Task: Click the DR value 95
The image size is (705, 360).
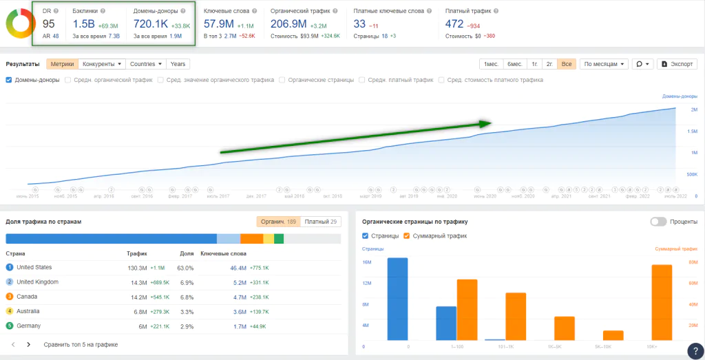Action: [48, 24]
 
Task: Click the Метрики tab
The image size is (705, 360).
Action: [62, 64]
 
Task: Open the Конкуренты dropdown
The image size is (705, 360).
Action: [102, 64]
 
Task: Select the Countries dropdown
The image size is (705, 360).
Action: [146, 64]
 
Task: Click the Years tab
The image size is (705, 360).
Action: [178, 64]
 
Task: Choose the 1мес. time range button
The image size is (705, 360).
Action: [491, 64]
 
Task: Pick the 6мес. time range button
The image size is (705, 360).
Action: [514, 64]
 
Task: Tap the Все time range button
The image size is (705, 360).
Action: [567, 64]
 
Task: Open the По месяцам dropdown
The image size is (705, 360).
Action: [604, 64]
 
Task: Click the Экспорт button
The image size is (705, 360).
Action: [677, 64]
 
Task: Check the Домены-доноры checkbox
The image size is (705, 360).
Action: [9, 80]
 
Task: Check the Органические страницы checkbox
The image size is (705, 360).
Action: [282, 80]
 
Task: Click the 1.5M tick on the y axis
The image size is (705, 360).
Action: [692, 131]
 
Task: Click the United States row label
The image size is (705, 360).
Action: [34, 267]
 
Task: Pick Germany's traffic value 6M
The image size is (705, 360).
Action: [142, 326]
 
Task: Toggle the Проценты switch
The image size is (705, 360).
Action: [658, 222]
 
